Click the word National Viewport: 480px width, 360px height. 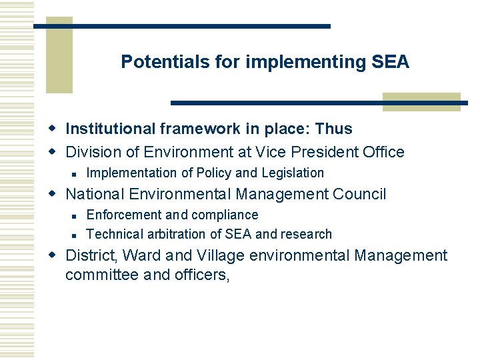click(x=95, y=195)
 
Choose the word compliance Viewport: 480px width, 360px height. click(x=225, y=215)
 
